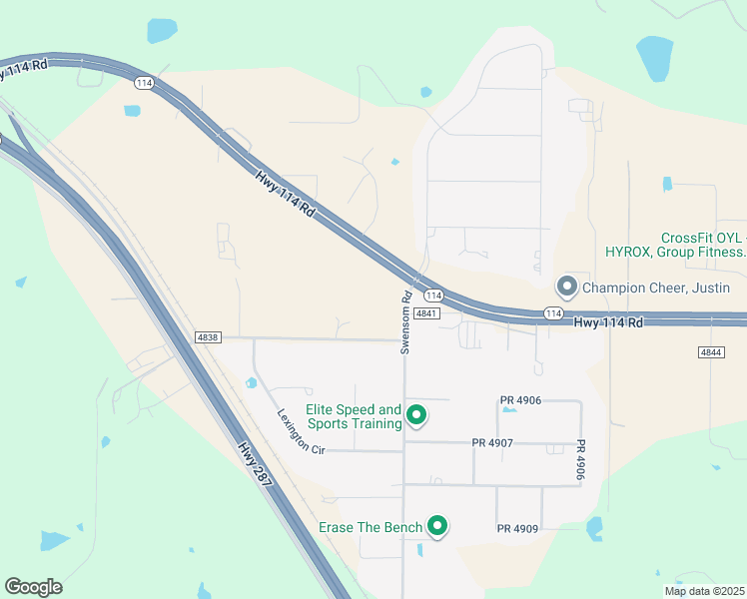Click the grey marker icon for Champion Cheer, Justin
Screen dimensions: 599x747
coord(567,287)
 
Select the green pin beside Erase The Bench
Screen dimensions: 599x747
coord(436,525)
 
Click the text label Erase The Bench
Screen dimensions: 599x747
coord(371,526)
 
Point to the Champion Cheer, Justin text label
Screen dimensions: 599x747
coord(655,288)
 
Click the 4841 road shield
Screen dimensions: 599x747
coord(426,312)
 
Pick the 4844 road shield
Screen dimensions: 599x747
coord(711,352)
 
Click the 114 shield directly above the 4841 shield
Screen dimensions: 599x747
coord(433,296)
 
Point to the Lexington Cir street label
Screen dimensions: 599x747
coord(301,430)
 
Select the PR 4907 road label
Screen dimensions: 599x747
coord(492,442)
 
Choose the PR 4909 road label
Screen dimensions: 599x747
coord(517,527)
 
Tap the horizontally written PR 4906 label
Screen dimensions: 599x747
coord(520,400)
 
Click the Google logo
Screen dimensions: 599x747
coord(33,587)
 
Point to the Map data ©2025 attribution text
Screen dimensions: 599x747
coord(704,591)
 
